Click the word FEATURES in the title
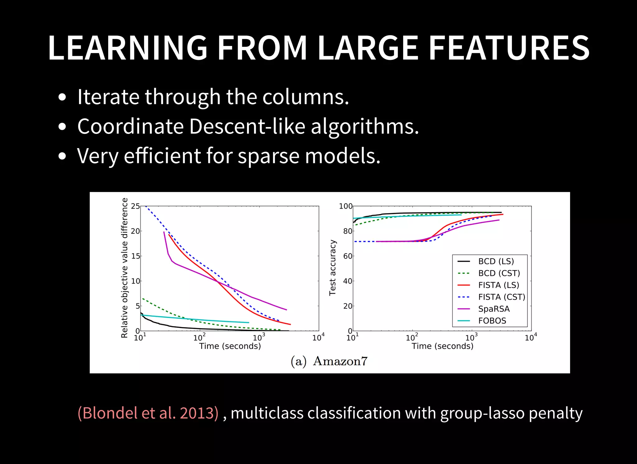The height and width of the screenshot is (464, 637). click(509, 48)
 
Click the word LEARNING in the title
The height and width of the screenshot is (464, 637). click(128, 48)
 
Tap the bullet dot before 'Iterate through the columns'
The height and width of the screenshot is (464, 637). click(62, 97)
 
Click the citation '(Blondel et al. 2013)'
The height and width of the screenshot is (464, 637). click(148, 413)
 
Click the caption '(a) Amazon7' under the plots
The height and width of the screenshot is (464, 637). click(329, 361)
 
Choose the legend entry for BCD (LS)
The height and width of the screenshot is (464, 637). click(496, 262)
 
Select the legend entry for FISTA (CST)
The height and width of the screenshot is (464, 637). click(501, 297)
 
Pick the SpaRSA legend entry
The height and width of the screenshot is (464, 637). click(494, 309)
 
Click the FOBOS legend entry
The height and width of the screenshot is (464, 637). click(492, 321)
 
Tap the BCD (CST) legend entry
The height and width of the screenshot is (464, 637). click(499, 273)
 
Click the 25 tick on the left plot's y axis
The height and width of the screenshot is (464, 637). click(135, 206)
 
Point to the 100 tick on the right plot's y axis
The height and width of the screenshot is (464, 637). click(346, 206)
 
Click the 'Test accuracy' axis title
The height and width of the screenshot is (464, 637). click(332, 267)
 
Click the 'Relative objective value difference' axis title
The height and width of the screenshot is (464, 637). click(124, 268)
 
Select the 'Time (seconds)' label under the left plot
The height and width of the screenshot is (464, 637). click(230, 346)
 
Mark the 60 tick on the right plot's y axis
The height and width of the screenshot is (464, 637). click(347, 256)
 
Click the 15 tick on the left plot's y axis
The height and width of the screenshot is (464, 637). click(135, 256)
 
